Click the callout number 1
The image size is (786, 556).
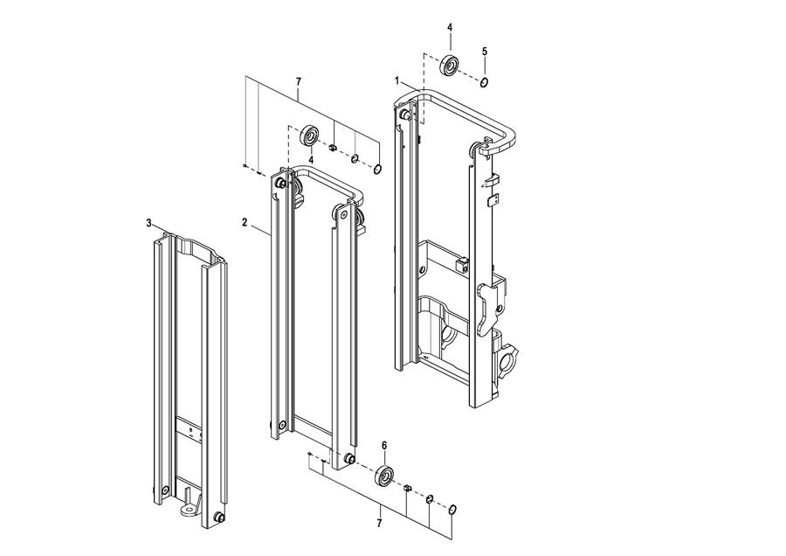tap(397, 80)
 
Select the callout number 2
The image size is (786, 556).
tap(245, 222)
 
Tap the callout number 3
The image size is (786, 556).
tap(148, 223)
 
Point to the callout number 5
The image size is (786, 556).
tap(484, 52)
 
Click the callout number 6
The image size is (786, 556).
tap(384, 445)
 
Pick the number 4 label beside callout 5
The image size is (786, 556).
tap(450, 27)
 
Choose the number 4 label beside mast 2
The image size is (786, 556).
tap(311, 160)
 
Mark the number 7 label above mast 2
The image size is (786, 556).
tap(299, 81)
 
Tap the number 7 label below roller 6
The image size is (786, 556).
tap(379, 524)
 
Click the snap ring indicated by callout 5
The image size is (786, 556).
tap(484, 82)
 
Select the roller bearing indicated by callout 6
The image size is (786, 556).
tap(385, 476)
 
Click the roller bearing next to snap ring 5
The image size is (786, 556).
tap(450, 66)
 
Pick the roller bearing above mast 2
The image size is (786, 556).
tap(310, 135)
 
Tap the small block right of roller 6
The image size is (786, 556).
tap(407, 487)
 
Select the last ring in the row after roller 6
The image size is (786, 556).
tap(452, 510)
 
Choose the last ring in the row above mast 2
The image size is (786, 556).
tap(378, 170)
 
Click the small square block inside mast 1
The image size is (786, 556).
tap(463, 264)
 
